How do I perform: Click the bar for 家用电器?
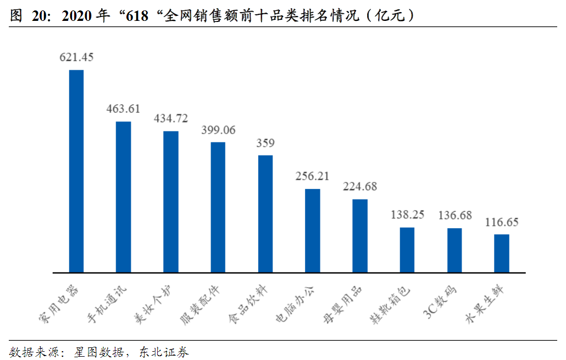[76, 171]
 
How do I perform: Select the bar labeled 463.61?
[123, 197]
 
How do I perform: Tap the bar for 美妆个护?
[171, 202]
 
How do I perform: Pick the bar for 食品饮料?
[265, 214]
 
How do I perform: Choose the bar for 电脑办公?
[313, 231]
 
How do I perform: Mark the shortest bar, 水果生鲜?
[502, 253]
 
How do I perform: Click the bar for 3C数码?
[454, 250]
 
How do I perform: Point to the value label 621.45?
[76, 57]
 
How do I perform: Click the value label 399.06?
[218, 130]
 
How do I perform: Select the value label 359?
[265, 143]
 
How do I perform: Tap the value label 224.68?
[360, 186]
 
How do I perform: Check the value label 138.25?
[407, 215]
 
